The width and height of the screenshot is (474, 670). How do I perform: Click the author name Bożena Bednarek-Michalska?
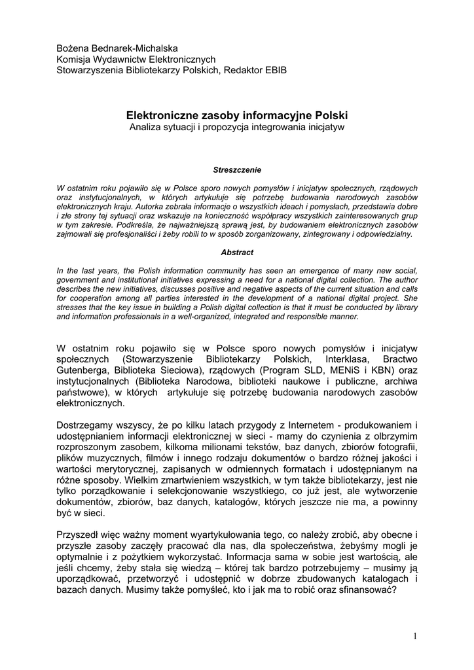(117, 48)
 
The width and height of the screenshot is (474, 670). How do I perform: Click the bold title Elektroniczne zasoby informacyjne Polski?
(237, 115)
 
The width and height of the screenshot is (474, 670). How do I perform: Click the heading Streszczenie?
(237, 169)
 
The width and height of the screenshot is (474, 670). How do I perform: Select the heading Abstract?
(237, 252)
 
